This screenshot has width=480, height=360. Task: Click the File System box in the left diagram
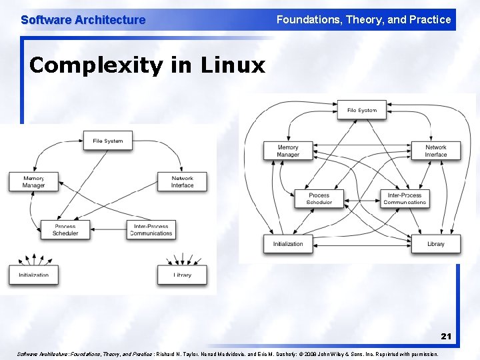(x=107, y=141)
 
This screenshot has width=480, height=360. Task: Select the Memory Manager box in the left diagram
(x=33, y=181)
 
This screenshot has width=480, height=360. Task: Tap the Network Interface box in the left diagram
(x=182, y=181)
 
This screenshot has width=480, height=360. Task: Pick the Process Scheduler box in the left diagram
(x=65, y=230)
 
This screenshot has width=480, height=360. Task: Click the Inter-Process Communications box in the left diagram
(x=151, y=230)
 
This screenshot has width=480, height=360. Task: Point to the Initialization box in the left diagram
(x=33, y=274)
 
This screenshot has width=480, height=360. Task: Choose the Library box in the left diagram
(x=182, y=274)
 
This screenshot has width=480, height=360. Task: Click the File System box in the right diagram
(x=361, y=110)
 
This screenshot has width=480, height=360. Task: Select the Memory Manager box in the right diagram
(x=288, y=151)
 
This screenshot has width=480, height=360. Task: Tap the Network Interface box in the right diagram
(x=435, y=151)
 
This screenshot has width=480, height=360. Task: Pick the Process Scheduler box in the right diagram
(x=319, y=198)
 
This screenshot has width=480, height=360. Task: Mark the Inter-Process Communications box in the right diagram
(x=404, y=198)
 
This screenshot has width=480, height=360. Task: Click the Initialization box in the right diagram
(x=288, y=244)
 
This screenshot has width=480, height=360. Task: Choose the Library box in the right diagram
(x=435, y=244)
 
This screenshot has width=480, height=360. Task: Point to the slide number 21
(x=445, y=337)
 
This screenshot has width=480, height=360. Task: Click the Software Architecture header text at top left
(x=83, y=20)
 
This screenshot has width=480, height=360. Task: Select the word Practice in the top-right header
(x=429, y=19)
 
